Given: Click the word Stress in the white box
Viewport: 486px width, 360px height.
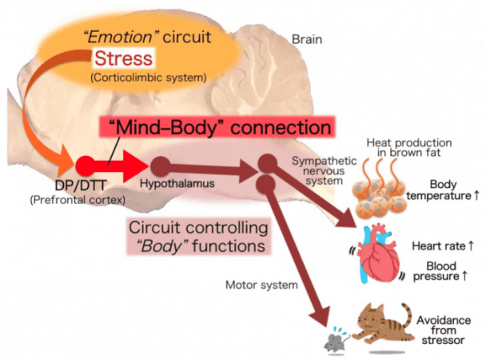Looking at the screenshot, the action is coord(124,58).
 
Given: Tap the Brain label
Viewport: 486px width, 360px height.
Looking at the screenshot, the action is coord(307,39).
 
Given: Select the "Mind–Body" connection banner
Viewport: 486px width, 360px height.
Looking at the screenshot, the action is coord(217,127).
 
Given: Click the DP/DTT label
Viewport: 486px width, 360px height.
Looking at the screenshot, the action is coord(81,186).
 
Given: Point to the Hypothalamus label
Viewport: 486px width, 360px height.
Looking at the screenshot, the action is coord(177,183).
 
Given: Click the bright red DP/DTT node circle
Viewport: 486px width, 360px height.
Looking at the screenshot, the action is coord(86,166).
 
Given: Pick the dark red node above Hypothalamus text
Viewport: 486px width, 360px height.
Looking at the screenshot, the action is coord(160,166).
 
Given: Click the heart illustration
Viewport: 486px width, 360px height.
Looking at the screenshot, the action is coord(378,254).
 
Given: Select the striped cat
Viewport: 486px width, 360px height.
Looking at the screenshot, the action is coord(383,324).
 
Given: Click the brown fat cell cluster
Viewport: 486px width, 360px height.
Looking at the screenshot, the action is coord(378,197).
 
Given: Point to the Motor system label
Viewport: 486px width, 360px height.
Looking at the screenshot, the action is coord(261,285).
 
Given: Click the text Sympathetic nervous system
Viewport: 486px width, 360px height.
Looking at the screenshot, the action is coord(325,171).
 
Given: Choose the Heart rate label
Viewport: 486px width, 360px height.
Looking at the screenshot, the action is coord(443,246).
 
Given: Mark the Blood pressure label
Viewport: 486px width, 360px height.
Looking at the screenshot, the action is coord(440,271).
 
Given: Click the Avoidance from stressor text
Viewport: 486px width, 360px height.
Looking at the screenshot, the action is coord(443,330).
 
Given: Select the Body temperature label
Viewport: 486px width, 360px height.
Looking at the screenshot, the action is coord(443,190).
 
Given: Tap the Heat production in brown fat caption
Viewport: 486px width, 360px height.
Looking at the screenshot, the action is coord(409,147).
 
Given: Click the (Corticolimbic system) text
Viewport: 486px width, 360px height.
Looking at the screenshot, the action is coord(149,78).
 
